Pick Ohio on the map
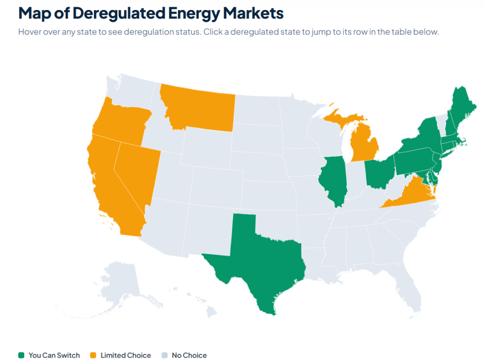pyautogui.click(x=379, y=172)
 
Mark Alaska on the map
pyautogui.click(x=121, y=285)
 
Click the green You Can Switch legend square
pyautogui.click(x=21, y=355)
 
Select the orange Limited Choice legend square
pyautogui.click(x=93, y=355)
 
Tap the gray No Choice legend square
pyautogui.click(x=165, y=355)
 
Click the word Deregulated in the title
pyautogui.click(x=119, y=13)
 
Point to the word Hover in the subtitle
pyautogui.click(x=29, y=32)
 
